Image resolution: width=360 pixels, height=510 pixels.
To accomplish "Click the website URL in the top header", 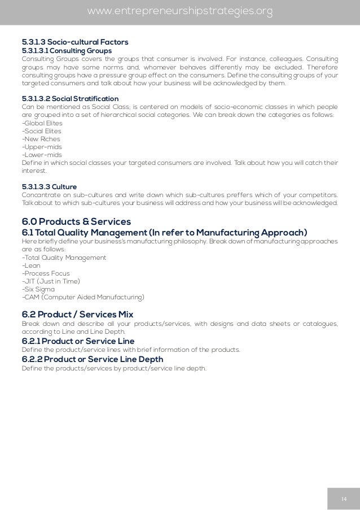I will point(180,11).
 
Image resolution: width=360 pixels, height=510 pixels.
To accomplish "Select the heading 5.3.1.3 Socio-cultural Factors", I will point(75,42).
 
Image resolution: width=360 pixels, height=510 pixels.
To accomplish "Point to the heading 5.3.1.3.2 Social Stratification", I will point(70,98).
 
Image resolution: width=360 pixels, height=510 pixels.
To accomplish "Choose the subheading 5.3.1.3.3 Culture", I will point(49,186).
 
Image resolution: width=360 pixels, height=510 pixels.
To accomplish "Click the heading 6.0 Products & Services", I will point(76,221).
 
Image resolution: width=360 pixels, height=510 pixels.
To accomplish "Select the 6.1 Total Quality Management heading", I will point(164,233).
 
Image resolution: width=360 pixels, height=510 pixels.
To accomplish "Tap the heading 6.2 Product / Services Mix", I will point(77,313).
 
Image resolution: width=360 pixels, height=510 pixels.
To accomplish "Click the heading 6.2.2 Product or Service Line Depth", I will point(92,359).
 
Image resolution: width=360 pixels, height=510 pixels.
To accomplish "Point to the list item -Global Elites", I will point(42,123).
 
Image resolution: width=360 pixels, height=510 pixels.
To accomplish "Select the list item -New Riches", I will point(41,138).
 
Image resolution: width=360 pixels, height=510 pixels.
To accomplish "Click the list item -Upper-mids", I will point(41,146).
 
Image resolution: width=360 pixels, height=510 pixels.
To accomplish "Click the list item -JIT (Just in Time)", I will point(50,281).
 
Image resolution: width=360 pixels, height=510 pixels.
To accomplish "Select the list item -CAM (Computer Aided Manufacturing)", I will point(83,297).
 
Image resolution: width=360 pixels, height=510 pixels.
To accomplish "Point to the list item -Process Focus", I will point(46,273).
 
